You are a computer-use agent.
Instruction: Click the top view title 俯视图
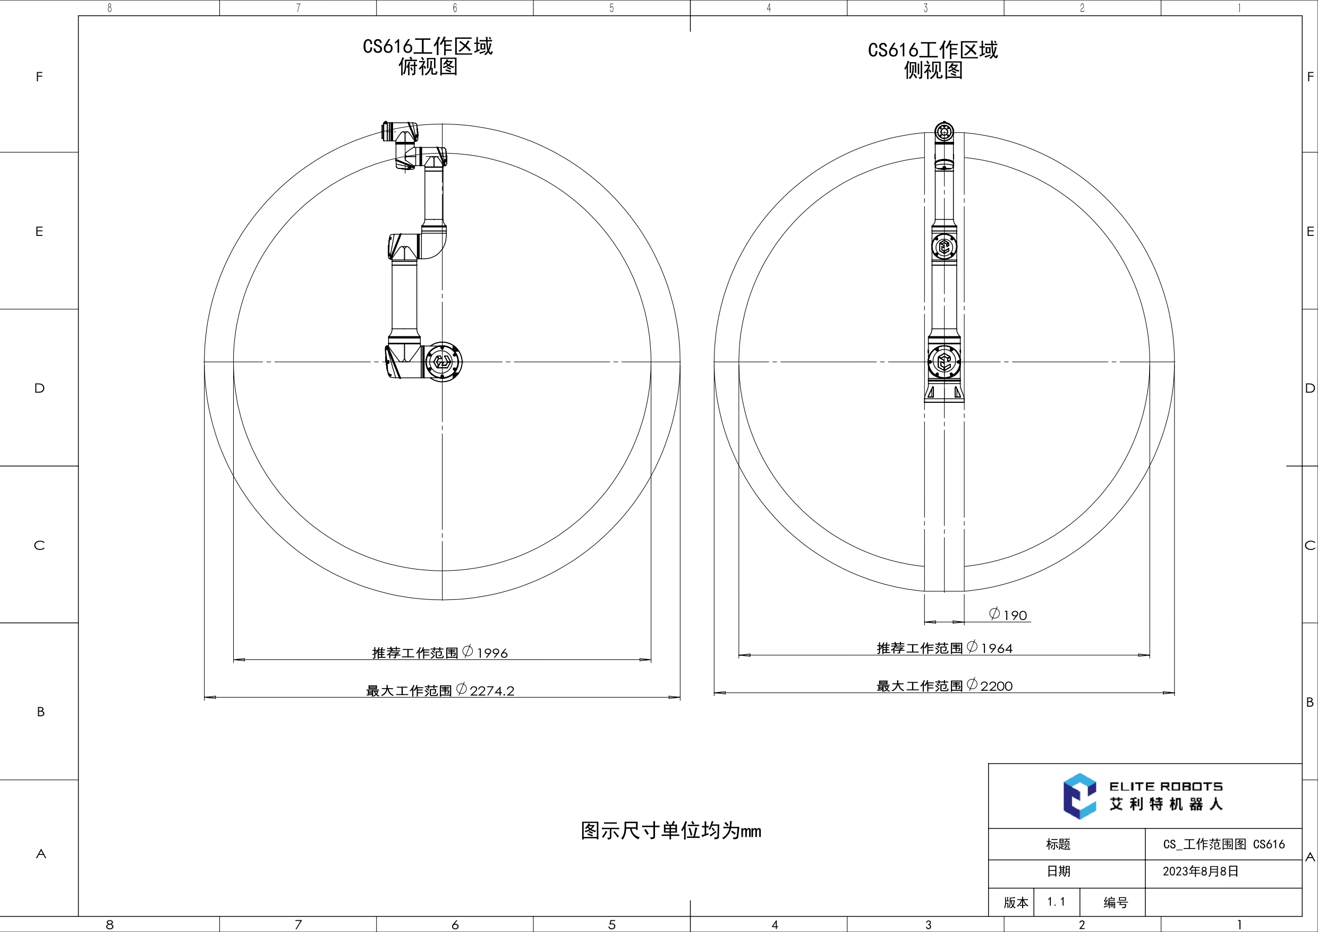pyautogui.click(x=428, y=67)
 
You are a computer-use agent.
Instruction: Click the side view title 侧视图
pyautogui.click(x=933, y=71)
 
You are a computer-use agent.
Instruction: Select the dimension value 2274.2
pyautogui.click(x=492, y=690)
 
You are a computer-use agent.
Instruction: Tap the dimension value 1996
pyautogui.click(x=492, y=653)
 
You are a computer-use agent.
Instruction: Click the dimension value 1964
pyautogui.click(x=997, y=648)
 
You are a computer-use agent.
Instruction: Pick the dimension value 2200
pyautogui.click(x=997, y=685)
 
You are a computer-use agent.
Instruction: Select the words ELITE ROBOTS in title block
pyautogui.click(x=1166, y=786)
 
